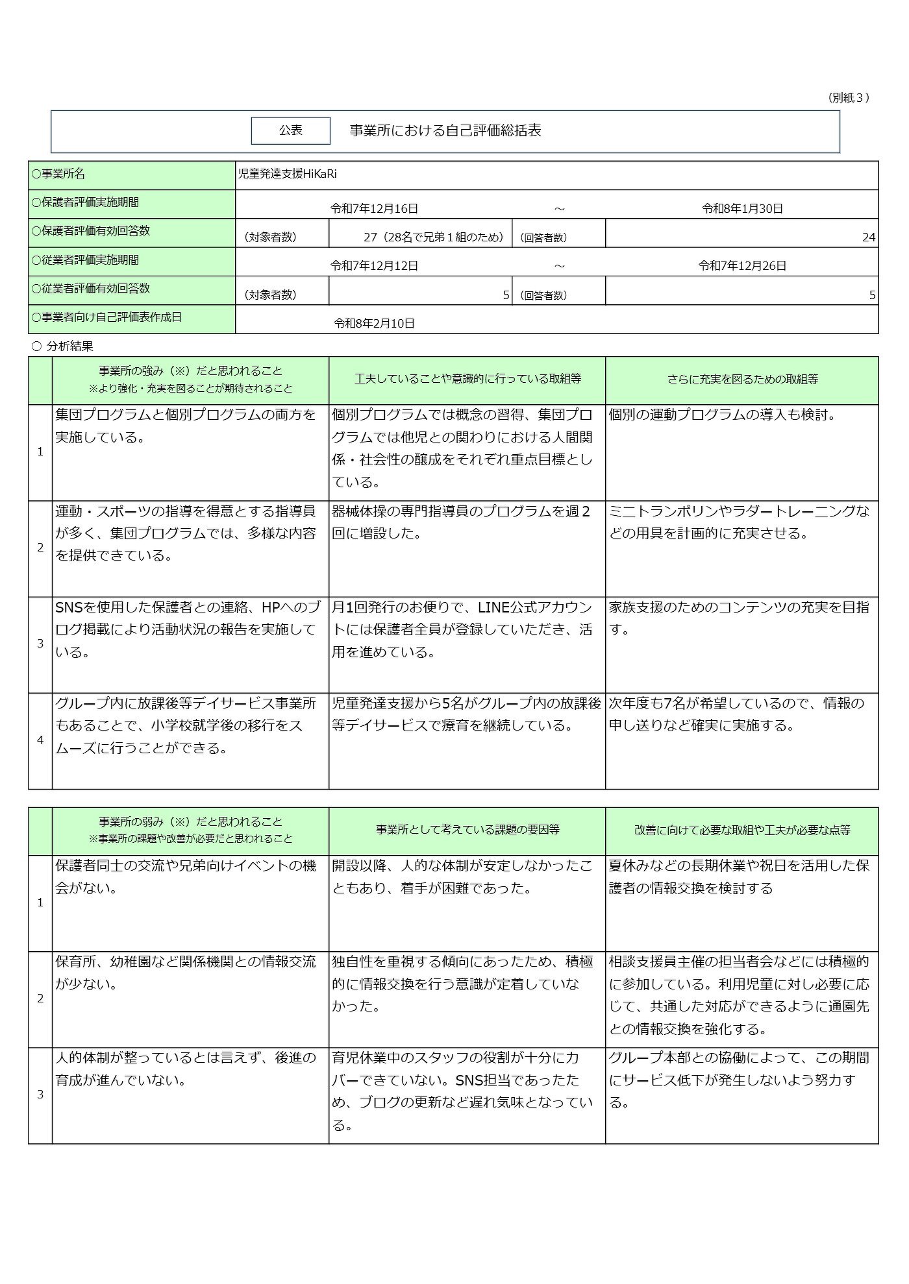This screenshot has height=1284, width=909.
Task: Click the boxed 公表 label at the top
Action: [290, 130]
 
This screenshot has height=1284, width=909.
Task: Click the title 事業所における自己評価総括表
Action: [445, 130]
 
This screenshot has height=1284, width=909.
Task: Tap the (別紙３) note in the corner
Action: [848, 97]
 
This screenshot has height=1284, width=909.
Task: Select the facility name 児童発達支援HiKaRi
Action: [287, 174]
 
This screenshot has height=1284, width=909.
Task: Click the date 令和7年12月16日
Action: [374, 209]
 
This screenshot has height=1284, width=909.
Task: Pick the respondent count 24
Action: [868, 237]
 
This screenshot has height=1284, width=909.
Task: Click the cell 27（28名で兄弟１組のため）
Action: [434, 237]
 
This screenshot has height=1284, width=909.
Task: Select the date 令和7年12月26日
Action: [742, 266]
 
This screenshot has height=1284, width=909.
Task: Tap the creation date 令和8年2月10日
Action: [374, 323]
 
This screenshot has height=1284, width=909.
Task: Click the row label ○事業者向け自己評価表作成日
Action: [106, 318]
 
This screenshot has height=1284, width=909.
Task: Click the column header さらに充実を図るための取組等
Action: [742, 380]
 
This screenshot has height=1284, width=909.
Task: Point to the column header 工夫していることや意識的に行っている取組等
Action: [467, 379]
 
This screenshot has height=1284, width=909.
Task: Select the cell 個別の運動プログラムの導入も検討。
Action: [722, 415]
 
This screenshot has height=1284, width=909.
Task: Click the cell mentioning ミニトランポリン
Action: [739, 522]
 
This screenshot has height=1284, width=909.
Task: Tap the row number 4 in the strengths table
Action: [40, 740]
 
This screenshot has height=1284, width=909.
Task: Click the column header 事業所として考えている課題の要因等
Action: [467, 830]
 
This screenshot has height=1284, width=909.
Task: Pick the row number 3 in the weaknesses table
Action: [40, 1095]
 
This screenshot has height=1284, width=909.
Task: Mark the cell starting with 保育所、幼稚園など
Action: [185, 973]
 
